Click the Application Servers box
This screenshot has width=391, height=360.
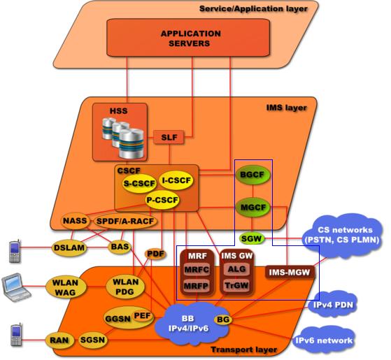(x=188, y=38)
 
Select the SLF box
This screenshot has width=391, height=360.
(x=169, y=137)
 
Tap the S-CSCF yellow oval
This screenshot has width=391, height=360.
(x=139, y=184)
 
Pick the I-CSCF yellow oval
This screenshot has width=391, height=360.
(x=176, y=180)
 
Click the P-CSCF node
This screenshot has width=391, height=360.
(x=162, y=200)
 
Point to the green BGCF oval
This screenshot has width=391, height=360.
(x=253, y=175)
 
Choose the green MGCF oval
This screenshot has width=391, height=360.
(x=253, y=208)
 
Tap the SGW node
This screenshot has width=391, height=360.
(x=252, y=238)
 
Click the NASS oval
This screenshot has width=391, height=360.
(x=75, y=221)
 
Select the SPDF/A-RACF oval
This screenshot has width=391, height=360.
(x=125, y=221)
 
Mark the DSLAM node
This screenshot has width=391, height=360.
(x=69, y=247)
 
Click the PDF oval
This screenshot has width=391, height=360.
(x=155, y=254)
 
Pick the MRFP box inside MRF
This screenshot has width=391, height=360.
(x=197, y=286)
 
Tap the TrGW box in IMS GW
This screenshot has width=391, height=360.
(x=236, y=285)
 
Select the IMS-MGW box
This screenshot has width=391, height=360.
(x=290, y=273)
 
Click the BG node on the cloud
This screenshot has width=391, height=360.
(x=223, y=319)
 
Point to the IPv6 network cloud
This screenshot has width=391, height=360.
(x=323, y=340)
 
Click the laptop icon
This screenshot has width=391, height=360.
(x=16, y=287)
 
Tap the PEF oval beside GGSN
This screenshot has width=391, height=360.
(x=143, y=316)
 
